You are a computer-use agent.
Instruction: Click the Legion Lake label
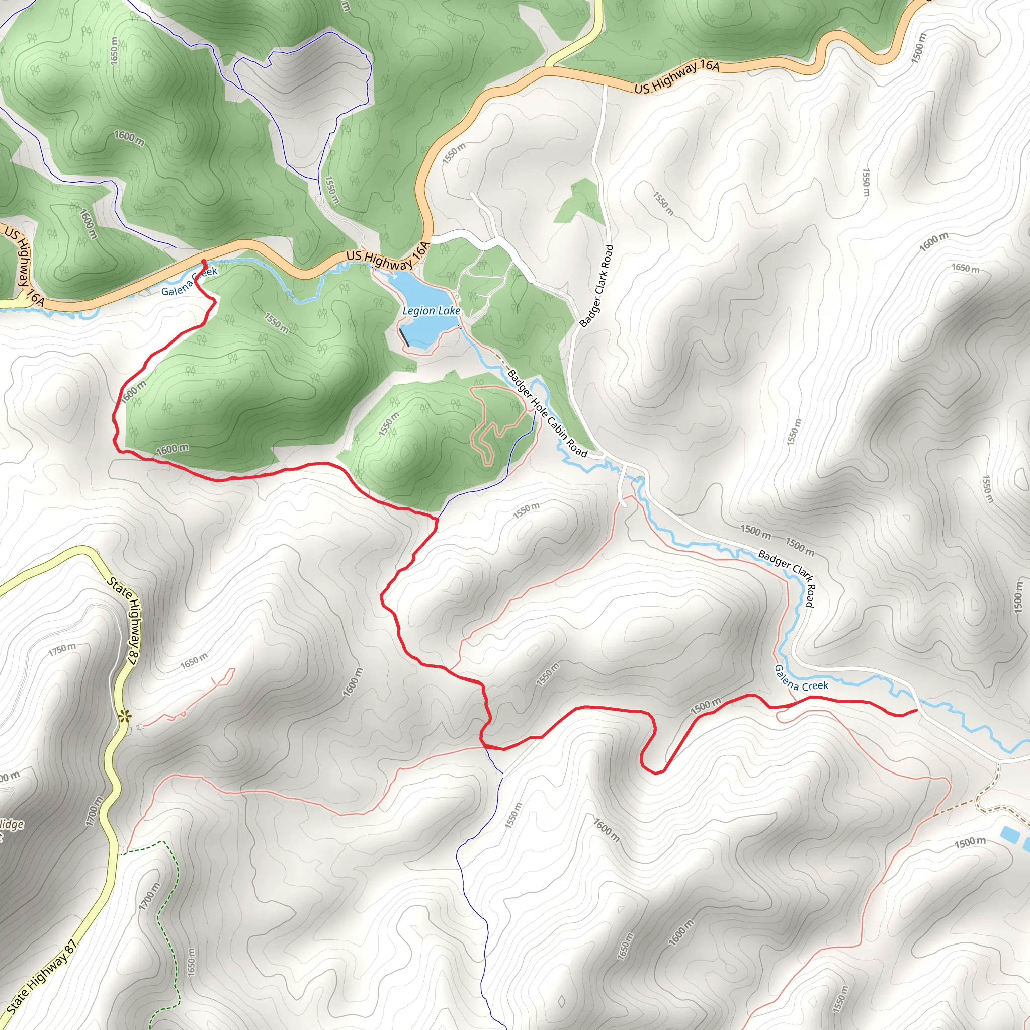coord(431,310)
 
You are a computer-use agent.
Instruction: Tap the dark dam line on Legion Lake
coord(405,338)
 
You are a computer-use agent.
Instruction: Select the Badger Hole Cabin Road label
coord(547,413)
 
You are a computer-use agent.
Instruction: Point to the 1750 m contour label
coord(62,649)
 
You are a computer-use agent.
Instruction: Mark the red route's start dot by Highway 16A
coord(204,262)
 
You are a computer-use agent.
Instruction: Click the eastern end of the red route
coord(916,710)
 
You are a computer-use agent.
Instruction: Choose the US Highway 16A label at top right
coord(676,77)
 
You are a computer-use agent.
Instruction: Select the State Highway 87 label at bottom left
coord(41,976)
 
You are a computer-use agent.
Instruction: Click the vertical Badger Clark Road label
coord(596,286)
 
